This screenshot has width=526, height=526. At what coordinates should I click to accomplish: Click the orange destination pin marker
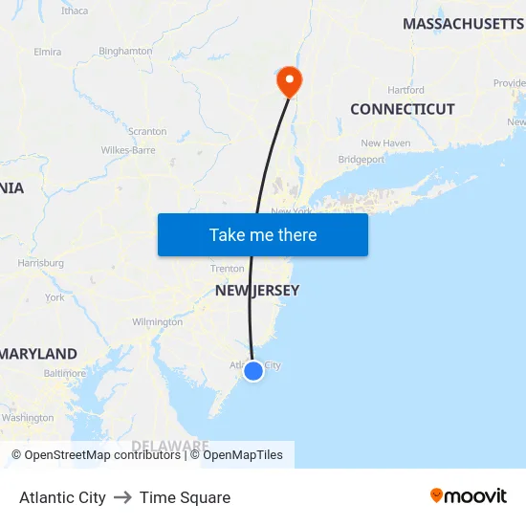[x=288, y=80]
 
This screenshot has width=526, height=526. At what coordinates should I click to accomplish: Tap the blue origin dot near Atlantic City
[x=253, y=371]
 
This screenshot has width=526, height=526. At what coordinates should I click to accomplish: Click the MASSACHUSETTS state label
[x=463, y=23]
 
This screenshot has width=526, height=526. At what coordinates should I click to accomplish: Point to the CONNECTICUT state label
[x=402, y=109]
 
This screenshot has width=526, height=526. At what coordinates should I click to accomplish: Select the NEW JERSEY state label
[x=256, y=291]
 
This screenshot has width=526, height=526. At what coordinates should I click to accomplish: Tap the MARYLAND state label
[x=38, y=354]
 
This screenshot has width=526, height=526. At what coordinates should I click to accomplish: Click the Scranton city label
[x=147, y=132]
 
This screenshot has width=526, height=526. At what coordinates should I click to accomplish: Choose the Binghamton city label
[x=125, y=51]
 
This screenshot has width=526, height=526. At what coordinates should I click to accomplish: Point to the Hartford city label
[x=406, y=90]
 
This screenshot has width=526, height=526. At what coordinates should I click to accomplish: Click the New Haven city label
[x=385, y=143]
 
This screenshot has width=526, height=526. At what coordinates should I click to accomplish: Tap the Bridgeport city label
[x=362, y=160]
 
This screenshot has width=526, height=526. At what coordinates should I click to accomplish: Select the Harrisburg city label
[x=40, y=263]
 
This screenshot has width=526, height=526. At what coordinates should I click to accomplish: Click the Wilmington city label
[x=157, y=322]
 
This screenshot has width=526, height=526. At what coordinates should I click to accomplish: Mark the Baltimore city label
[x=64, y=373]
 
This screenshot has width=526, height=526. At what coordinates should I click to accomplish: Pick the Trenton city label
[x=228, y=269]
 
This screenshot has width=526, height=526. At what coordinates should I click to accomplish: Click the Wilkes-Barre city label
[x=128, y=150]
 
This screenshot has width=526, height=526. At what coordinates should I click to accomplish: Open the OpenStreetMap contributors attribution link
[x=102, y=455]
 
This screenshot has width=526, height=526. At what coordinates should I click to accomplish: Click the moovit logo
[x=469, y=495]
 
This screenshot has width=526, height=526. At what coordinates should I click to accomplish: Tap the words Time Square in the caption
[x=185, y=497]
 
